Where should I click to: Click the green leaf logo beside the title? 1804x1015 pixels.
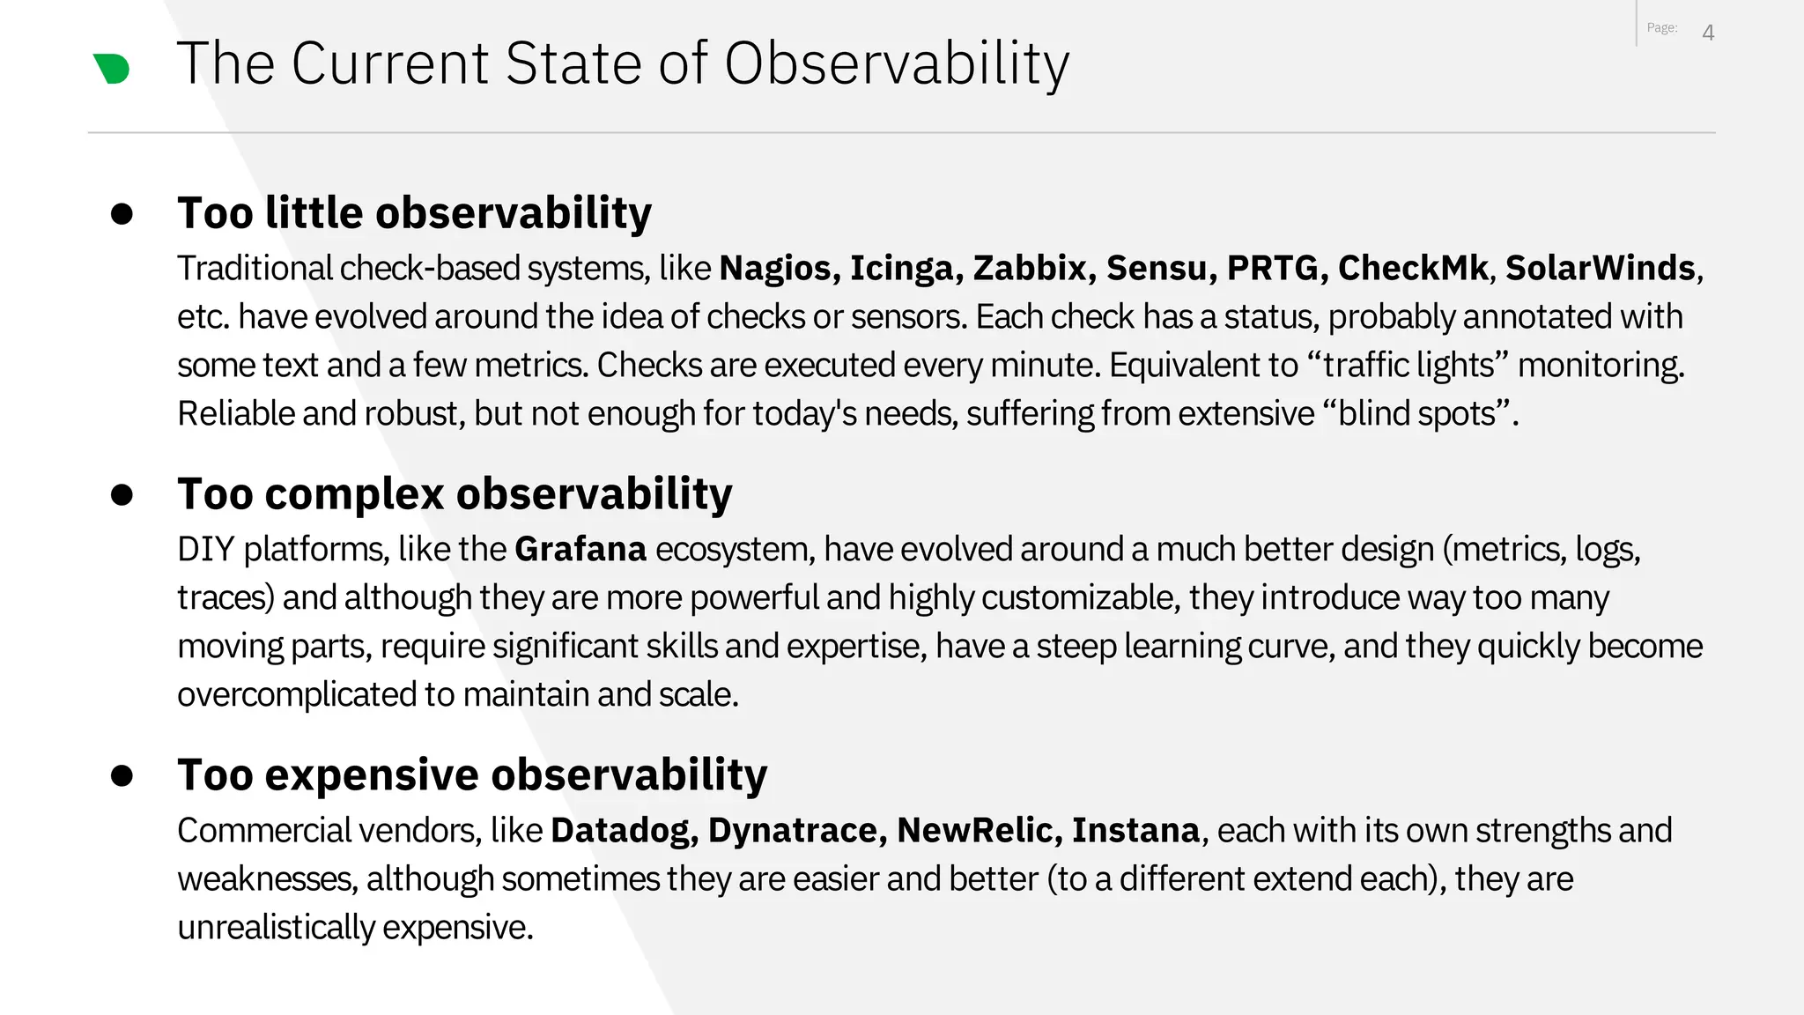(112, 69)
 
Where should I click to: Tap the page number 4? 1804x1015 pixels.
(1708, 33)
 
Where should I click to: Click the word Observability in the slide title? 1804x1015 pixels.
(897, 64)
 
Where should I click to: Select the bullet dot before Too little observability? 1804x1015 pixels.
(122, 214)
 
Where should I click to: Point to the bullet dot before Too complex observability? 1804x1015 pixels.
(122, 495)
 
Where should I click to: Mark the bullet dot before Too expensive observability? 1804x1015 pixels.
(122, 775)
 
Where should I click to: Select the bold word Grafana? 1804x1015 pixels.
(580, 549)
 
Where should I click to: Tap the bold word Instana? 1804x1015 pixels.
(1135, 830)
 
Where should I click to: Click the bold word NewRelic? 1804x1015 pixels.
(978, 830)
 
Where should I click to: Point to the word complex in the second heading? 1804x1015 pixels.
(354, 494)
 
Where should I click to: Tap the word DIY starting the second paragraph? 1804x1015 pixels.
(205, 549)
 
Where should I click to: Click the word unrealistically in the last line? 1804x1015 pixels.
(277, 928)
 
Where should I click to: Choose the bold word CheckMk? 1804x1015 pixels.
(1412, 268)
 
